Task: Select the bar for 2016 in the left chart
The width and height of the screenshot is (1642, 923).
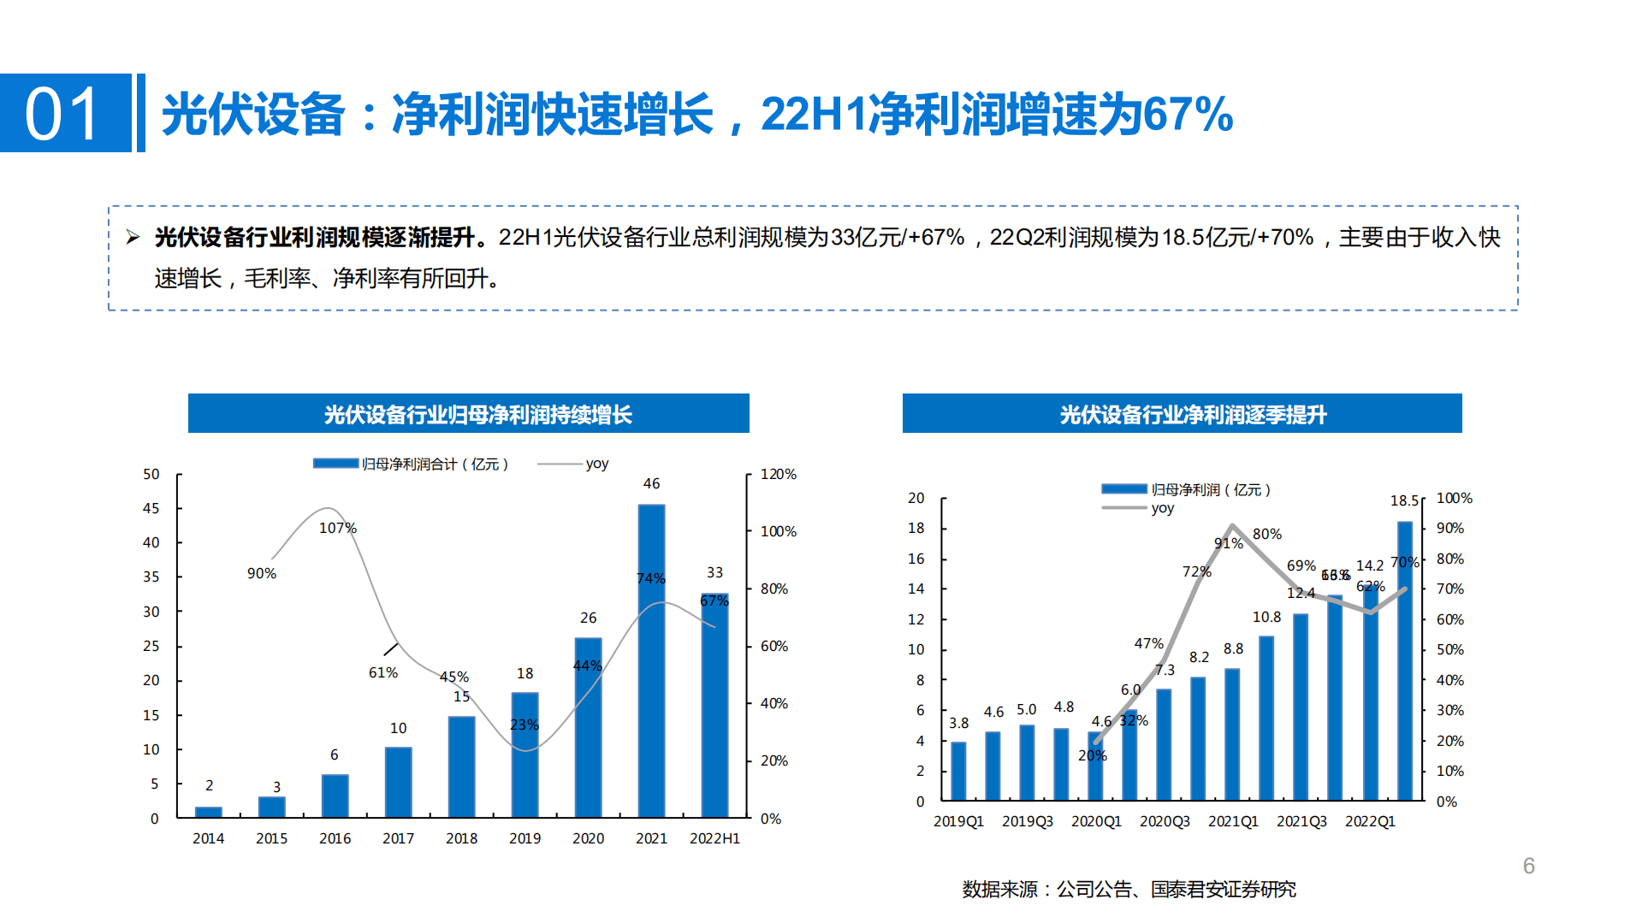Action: [x=335, y=796]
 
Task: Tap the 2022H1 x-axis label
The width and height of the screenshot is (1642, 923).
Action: [x=714, y=838]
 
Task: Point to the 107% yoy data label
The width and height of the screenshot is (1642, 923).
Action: [x=337, y=528]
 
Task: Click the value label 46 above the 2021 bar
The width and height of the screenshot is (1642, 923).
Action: [x=651, y=483]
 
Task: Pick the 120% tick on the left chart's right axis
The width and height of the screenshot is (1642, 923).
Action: [x=778, y=474]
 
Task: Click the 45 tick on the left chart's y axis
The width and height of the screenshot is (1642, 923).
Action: [x=151, y=508]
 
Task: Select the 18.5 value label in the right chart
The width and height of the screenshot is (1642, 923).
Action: [x=1404, y=500]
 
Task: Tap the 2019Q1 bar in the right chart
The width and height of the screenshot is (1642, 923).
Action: [x=958, y=771]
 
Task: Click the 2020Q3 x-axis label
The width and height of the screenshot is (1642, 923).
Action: [x=1165, y=821]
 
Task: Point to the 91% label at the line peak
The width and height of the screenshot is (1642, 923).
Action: [x=1228, y=543]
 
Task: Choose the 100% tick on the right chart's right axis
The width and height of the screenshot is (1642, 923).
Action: [x=1454, y=498]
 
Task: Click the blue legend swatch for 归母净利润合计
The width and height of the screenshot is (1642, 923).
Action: [x=335, y=464]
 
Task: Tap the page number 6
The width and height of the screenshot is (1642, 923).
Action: [x=1528, y=866]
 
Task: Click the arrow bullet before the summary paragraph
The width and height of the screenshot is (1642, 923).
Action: [x=133, y=237]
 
